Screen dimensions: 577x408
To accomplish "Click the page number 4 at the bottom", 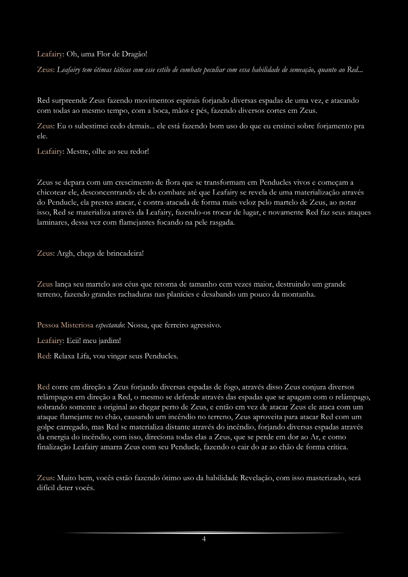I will pos(204,539).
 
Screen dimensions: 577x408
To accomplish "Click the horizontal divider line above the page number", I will pos(204,533).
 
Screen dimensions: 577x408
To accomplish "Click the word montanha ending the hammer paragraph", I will pos(299,294).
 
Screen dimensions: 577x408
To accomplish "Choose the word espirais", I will pos(186,101).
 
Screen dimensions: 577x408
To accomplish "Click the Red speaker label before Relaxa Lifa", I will pos(43,356).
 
